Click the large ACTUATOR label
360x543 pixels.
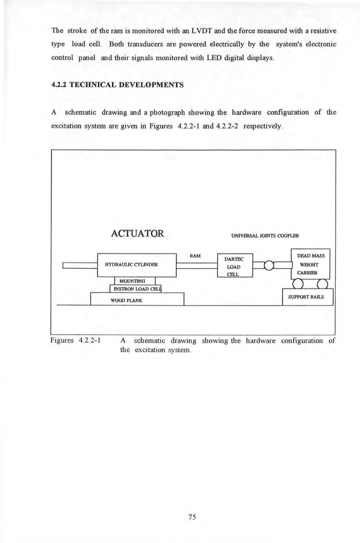pos(137,233)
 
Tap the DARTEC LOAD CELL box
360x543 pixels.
pos(234,265)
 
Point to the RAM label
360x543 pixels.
pos(195,256)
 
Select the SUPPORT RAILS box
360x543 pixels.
pos(308,297)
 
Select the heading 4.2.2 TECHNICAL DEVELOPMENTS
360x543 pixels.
pos(117,85)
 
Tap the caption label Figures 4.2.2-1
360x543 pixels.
pos(75,340)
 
